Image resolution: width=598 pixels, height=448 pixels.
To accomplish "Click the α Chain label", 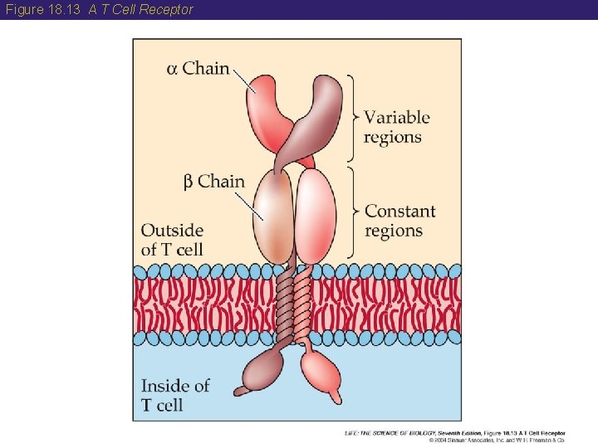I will (198, 68).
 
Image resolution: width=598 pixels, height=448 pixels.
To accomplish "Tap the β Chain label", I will (213, 182).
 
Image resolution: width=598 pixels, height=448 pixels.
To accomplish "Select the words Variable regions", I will (397, 127).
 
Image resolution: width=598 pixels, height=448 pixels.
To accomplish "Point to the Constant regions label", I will (399, 221).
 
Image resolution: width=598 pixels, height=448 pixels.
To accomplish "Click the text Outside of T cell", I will (172, 240).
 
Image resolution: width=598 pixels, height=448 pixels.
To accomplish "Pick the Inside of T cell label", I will (174, 395).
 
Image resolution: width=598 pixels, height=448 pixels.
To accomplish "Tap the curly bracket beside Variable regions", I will (353, 116).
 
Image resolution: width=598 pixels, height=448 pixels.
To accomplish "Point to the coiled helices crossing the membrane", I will (293, 303).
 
